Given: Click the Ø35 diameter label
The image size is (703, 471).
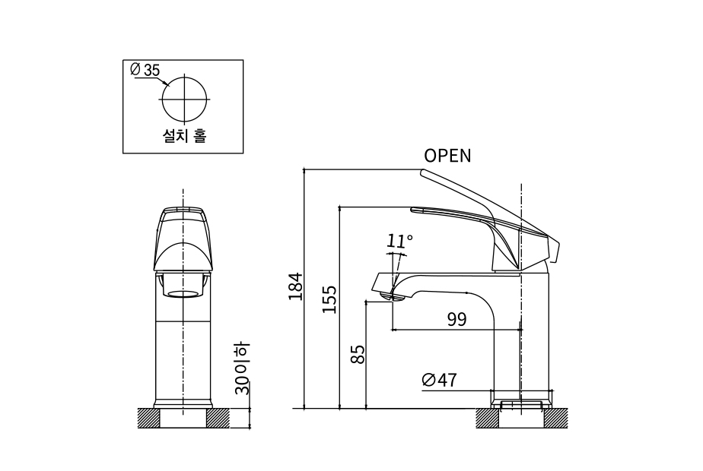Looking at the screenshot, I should click(x=145, y=70).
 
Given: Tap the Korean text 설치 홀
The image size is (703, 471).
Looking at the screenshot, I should click(x=183, y=136).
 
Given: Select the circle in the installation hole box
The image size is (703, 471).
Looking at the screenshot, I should click(x=183, y=100).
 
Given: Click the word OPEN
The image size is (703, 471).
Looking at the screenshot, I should click(x=447, y=156).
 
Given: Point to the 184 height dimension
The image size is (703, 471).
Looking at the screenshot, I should click(x=296, y=286).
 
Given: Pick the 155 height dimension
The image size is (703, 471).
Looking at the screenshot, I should click(x=329, y=300).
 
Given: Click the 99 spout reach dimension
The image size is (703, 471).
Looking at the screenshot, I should click(x=456, y=319).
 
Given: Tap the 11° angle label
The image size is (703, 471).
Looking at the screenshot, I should click(x=399, y=242).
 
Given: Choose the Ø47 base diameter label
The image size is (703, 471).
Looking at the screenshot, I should click(x=439, y=380).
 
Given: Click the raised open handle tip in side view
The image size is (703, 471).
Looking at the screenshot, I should click(x=426, y=174).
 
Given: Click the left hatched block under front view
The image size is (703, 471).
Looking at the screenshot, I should click(x=148, y=418).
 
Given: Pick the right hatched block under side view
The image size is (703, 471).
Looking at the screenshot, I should click(x=554, y=418).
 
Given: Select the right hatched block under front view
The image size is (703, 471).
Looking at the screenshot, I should click(x=218, y=418).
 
